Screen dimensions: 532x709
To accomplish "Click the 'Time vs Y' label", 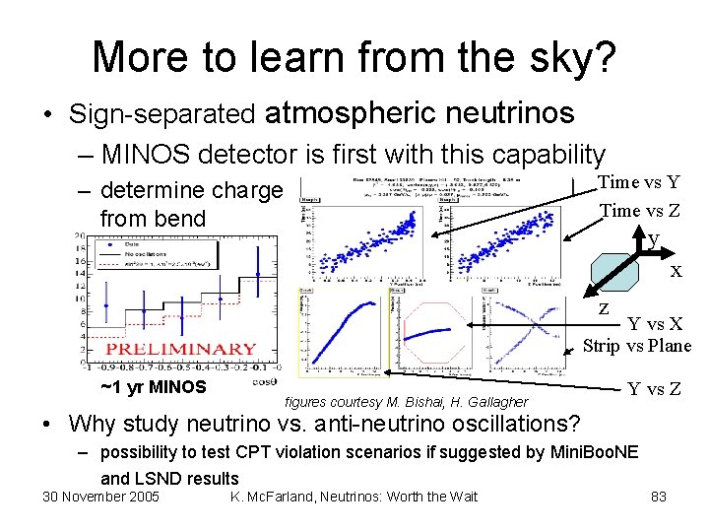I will point(639,181).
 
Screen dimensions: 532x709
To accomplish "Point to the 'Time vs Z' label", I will point(639,209).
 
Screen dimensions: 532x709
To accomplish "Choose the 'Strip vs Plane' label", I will point(637,345).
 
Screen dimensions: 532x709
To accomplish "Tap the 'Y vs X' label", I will point(662,324).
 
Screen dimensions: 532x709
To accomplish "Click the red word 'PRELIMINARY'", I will point(181,350).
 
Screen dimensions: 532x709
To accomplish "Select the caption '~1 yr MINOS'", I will point(153,386).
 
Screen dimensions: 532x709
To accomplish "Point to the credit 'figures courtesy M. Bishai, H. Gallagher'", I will point(406,402).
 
